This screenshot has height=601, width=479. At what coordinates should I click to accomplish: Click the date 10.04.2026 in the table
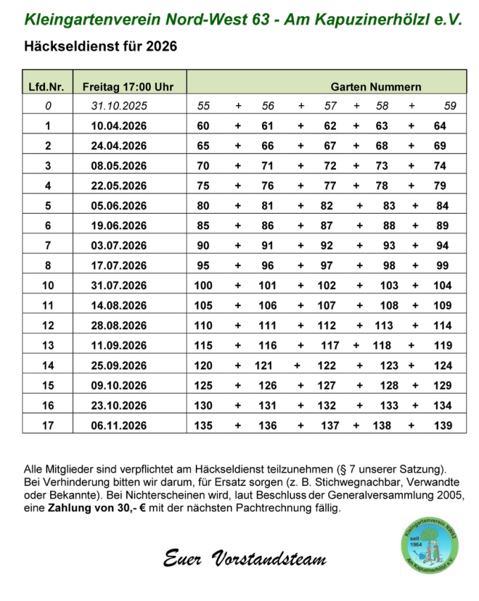coord(118,126)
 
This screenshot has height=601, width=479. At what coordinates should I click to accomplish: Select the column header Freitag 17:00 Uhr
coord(118,87)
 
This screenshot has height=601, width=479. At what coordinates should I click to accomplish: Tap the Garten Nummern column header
coord(376,87)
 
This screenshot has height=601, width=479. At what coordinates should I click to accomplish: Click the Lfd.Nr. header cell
coord(46,87)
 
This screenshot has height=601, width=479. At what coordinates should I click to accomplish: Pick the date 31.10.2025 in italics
coord(118,107)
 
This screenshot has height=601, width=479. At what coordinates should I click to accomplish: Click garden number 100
coord(203,286)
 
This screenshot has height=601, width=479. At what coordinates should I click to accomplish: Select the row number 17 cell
coord(48,425)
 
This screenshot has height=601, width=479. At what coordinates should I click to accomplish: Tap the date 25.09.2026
coord(118,365)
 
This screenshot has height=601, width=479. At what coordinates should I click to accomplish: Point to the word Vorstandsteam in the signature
coord(277,559)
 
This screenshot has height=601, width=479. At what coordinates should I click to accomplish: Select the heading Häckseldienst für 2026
coord(101,47)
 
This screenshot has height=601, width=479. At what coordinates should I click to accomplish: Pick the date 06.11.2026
coord(118,425)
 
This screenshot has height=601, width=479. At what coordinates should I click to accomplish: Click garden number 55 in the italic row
coord(204,107)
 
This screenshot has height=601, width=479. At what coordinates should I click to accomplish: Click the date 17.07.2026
coord(118,266)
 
